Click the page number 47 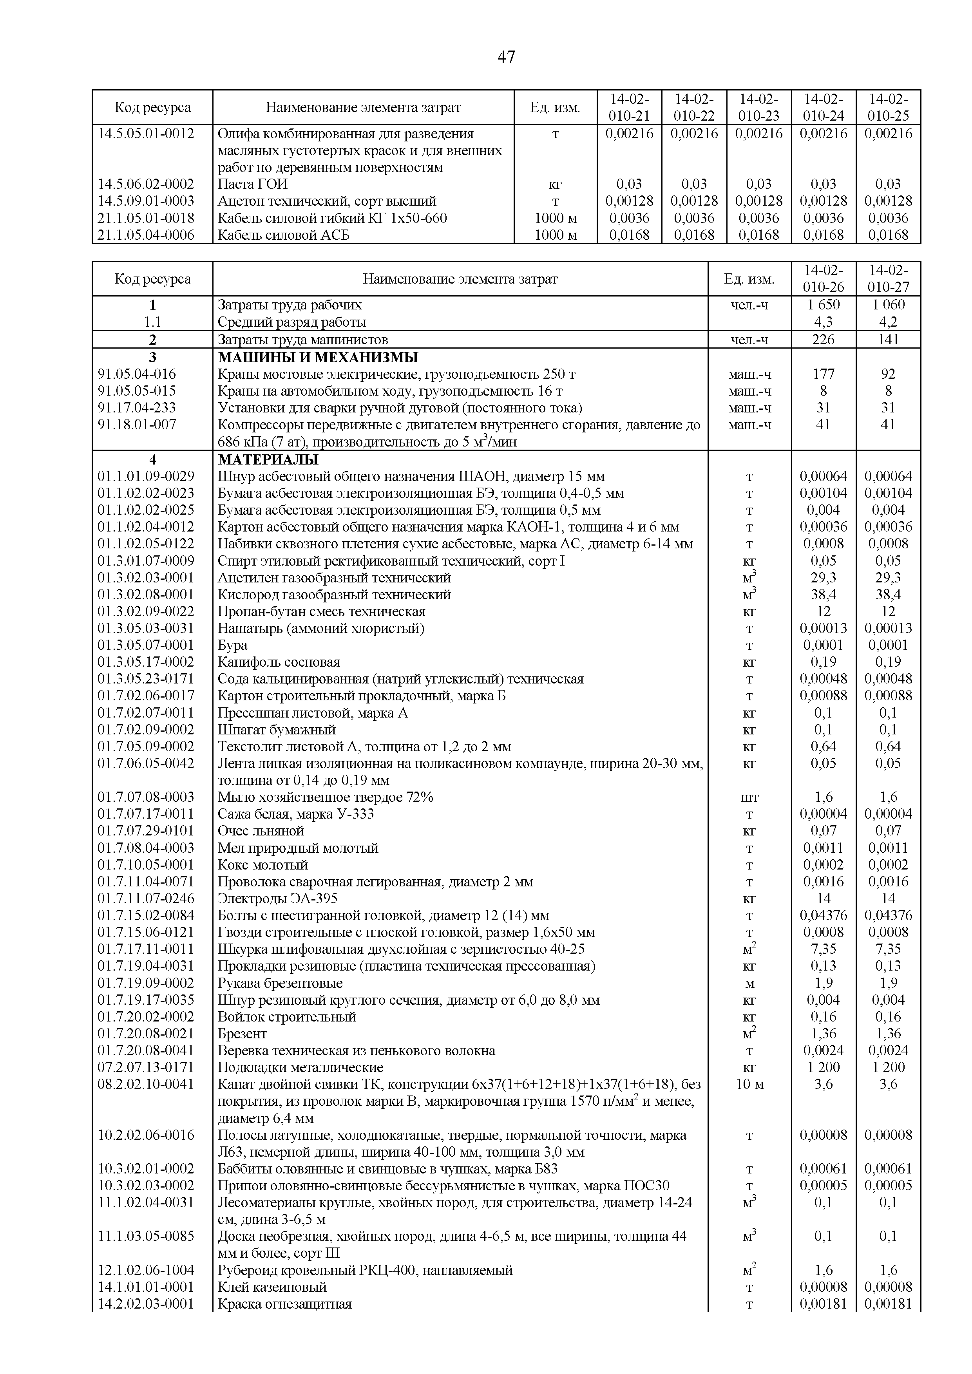click(506, 58)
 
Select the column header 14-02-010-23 click(758, 107)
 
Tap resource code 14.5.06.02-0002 click(146, 184)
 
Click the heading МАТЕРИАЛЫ click(268, 459)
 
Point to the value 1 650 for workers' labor click(823, 305)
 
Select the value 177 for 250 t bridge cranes click(823, 374)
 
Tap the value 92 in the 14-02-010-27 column click(888, 374)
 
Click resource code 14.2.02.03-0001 click(146, 1304)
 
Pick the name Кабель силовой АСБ click(283, 235)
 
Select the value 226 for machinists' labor click(823, 340)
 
